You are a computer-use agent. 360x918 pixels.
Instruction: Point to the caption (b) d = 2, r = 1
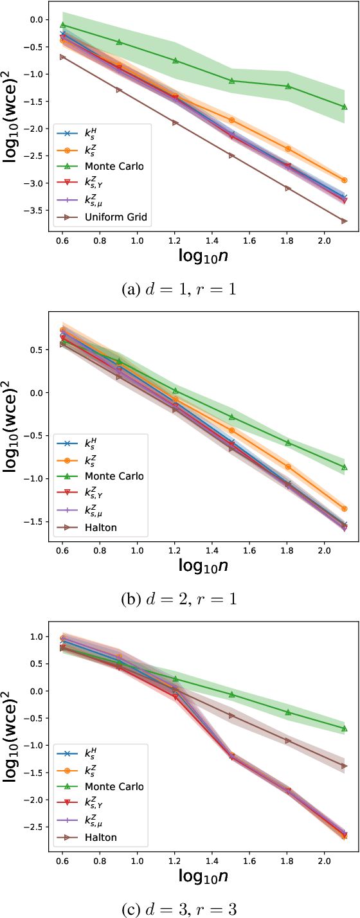click(x=179, y=599)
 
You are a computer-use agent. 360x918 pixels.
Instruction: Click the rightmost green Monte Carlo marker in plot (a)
click(x=345, y=107)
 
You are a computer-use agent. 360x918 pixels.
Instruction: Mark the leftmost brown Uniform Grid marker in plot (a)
click(x=62, y=57)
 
